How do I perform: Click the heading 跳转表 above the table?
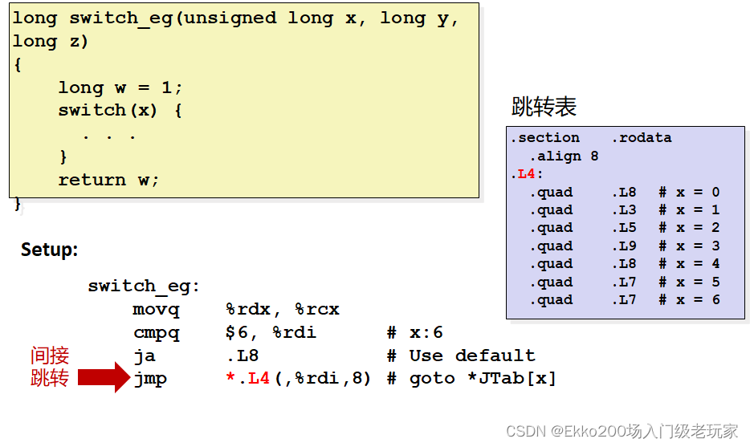[x=544, y=107]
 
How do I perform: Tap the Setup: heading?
[x=49, y=250]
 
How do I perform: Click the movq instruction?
[x=157, y=309]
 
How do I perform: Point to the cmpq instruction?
[x=157, y=332]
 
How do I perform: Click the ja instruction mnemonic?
[x=145, y=356]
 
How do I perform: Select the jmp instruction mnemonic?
[x=150, y=379]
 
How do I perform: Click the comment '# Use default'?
[x=460, y=356]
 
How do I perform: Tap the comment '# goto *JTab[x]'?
[x=471, y=379]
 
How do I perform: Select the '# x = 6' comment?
[x=689, y=300]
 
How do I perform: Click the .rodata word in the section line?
[x=641, y=138]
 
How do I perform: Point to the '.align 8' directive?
[x=564, y=156]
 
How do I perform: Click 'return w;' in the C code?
[x=108, y=180]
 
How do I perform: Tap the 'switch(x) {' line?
[x=120, y=110]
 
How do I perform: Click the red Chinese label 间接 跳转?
[x=50, y=367]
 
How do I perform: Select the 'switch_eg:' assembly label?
[x=144, y=286]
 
